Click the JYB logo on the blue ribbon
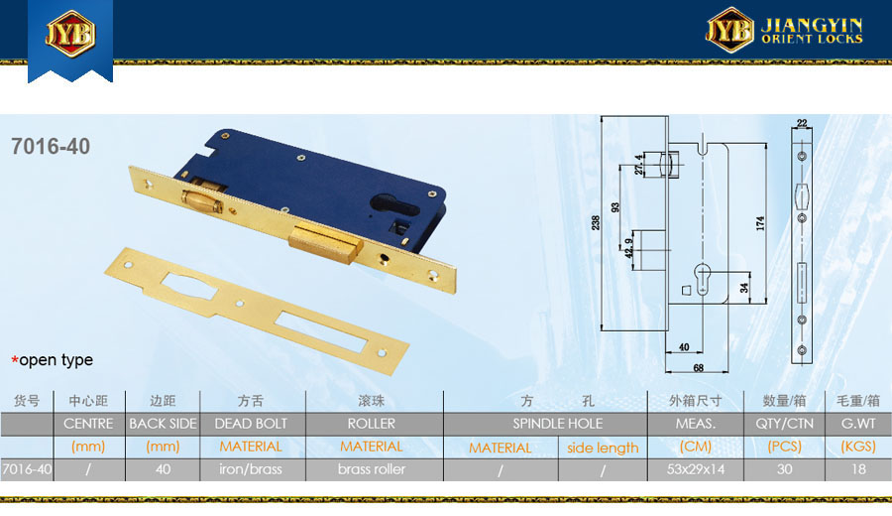point(70,34)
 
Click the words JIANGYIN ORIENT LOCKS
point(812,31)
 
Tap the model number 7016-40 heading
point(51,147)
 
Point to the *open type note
point(52,360)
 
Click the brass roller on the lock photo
point(203,200)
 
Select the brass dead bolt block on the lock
point(325,242)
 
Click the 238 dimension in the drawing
point(595,222)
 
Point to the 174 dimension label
point(760,223)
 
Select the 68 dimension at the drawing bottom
point(699,368)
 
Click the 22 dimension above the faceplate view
point(802,123)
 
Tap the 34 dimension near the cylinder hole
point(744,288)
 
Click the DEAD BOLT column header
point(251,424)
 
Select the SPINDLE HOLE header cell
point(557,424)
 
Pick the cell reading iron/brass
point(251,469)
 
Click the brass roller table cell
point(372,469)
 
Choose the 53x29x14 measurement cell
point(696,469)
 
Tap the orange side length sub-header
point(603,449)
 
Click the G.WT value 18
point(858,469)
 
